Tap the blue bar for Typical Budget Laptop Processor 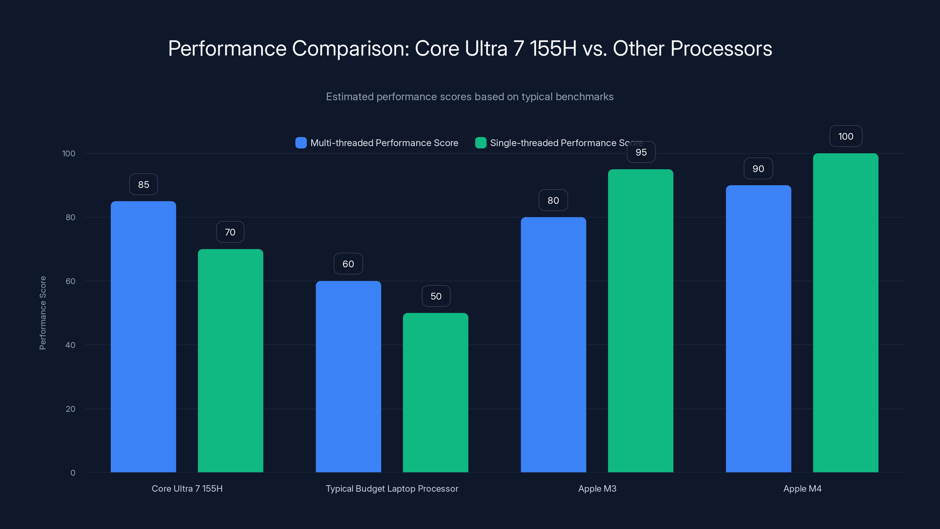348,376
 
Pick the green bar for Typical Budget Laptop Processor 435,392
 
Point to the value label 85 143,184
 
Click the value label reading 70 230,232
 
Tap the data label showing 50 436,296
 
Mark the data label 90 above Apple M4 758,169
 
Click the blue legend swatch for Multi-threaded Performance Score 301,143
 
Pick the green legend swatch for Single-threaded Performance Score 481,143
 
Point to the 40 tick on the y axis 70,345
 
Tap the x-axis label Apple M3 597,488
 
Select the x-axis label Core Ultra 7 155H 187,488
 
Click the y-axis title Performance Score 43,313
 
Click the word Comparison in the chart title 351,48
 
